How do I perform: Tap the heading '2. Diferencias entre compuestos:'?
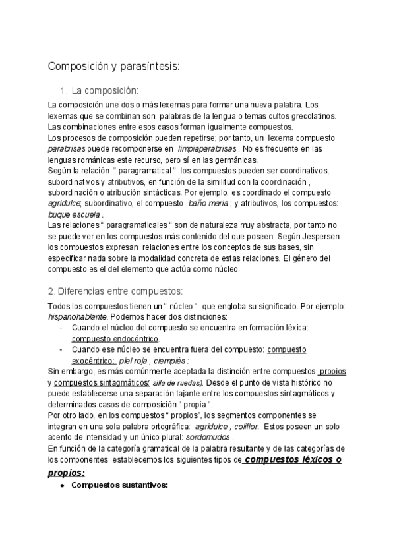(115, 291)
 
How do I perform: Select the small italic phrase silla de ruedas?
(177, 383)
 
